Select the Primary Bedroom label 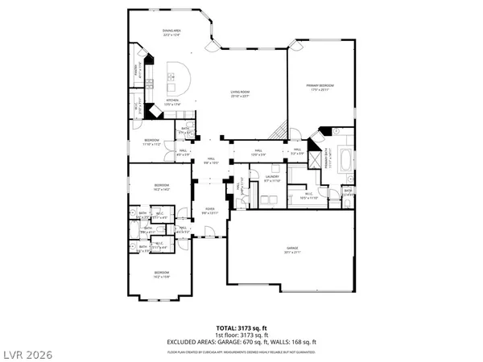point(320,87)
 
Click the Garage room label point(291,251)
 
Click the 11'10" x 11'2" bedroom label point(152,142)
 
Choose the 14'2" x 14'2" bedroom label point(162,187)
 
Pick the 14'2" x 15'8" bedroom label point(162,275)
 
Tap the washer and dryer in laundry point(265,168)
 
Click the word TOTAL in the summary point(225,328)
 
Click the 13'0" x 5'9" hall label point(258,151)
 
